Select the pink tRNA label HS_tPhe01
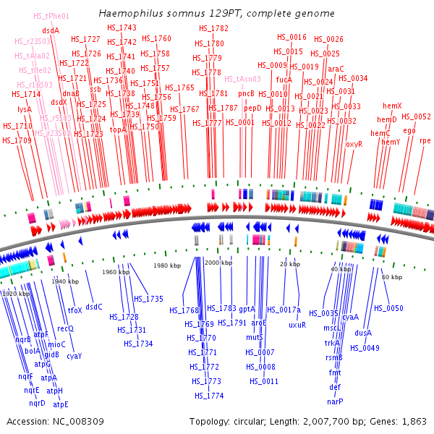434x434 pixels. pyautogui.click(x=52, y=16)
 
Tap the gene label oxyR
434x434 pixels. pyautogui.click(x=354, y=144)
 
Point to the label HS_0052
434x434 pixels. pyautogui.click(x=416, y=116)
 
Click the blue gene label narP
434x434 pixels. pyautogui.click(x=335, y=401)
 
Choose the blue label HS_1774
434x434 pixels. pyautogui.click(x=209, y=396)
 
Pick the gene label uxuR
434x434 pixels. pyautogui.click(x=297, y=325)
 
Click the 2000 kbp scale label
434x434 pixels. pyautogui.click(x=218, y=263)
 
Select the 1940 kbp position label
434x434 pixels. pyautogui.click(x=64, y=281)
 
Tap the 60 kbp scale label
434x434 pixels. pyautogui.click(x=391, y=278)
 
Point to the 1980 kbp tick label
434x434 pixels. pyautogui.click(x=167, y=266)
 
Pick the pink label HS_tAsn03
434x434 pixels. pyautogui.click(x=242, y=79)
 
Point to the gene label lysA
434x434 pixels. pyautogui.click(x=25, y=109)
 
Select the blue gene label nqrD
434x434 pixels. pyautogui.click(x=38, y=403)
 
